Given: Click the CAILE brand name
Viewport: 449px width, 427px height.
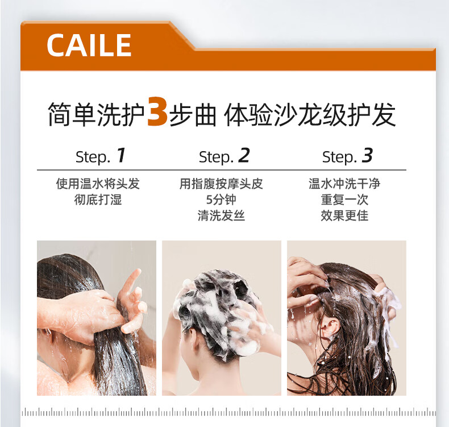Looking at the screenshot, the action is tap(89, 45).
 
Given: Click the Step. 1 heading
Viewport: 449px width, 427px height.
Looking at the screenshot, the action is tap(101, 156).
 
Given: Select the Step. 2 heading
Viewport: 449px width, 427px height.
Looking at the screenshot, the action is tap(224, 156).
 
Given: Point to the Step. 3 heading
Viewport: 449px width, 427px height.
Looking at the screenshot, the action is tap(347, 156).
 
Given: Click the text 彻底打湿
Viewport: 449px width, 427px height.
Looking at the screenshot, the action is tap(98, 200).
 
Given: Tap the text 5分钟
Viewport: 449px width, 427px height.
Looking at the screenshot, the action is tap(221, 200).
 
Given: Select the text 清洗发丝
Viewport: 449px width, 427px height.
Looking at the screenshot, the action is tap(221, 215).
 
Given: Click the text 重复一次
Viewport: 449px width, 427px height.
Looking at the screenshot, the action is tap(344, 200).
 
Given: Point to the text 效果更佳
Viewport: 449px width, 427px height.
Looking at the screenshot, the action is tap(344, 215).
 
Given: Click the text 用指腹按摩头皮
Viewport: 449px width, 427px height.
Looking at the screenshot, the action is tap(221, 184).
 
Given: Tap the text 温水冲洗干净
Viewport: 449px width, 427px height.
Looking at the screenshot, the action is tap(344, 184).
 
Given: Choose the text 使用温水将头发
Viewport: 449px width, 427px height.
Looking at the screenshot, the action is tap(98, 184).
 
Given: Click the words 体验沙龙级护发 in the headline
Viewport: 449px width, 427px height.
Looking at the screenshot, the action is tap(310, 115).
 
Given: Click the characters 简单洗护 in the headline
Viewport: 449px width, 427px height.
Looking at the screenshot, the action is tap(97, 115).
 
